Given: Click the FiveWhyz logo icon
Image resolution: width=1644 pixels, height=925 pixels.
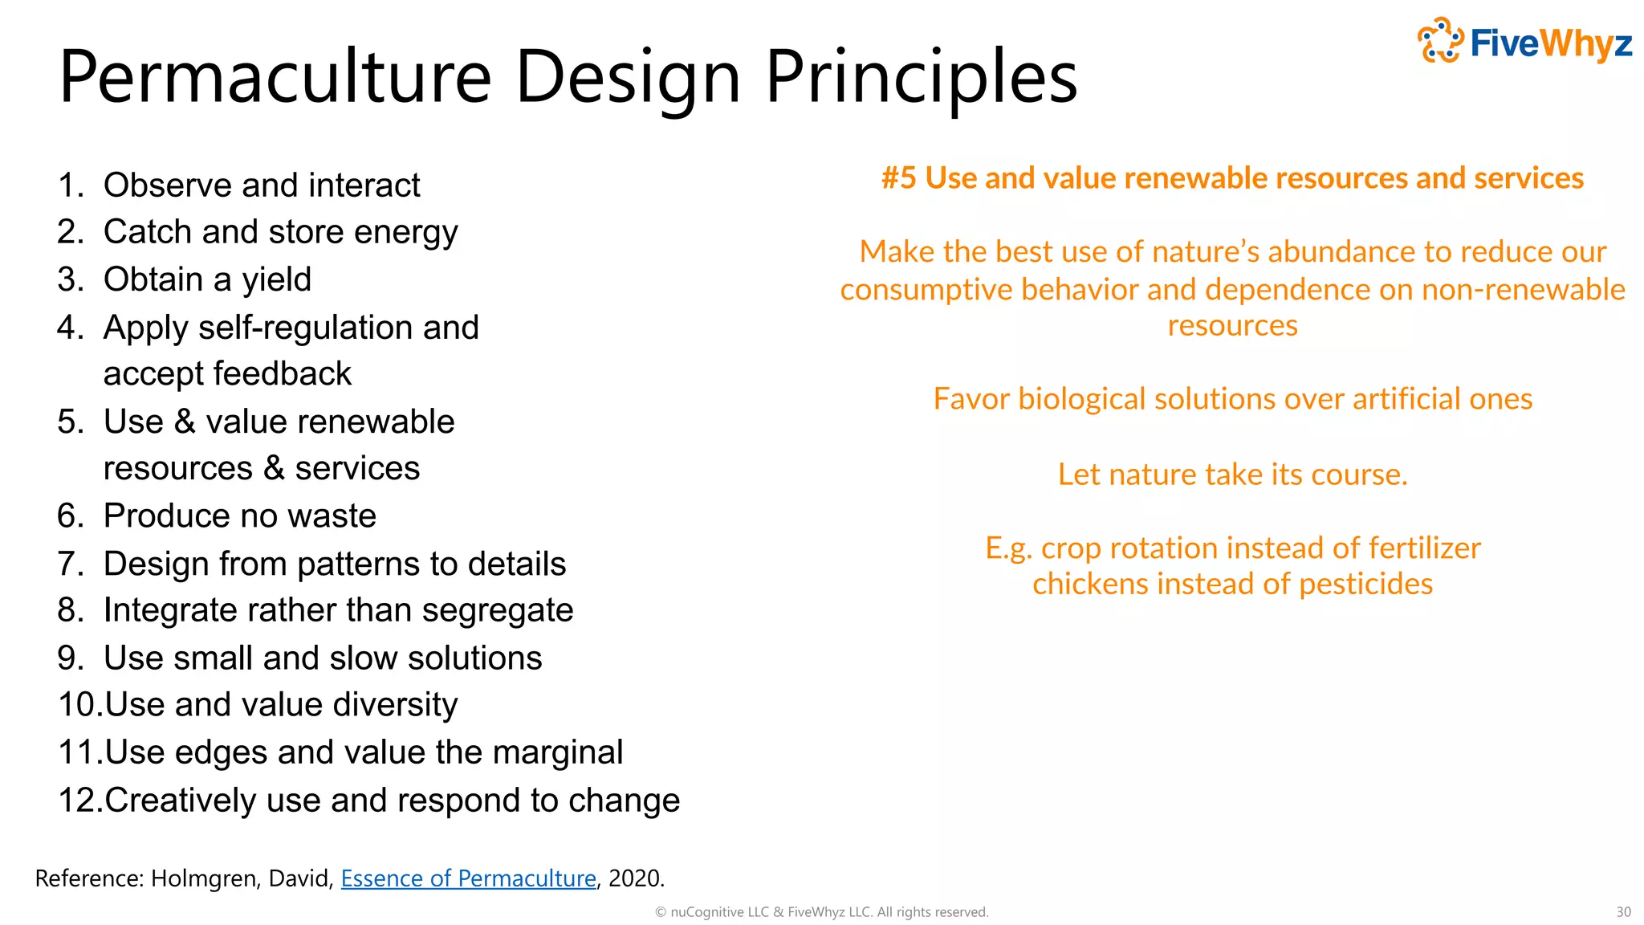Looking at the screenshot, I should click(x=1440, y=40).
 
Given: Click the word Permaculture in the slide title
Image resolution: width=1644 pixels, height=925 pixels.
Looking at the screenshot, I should click(x=275, y=78).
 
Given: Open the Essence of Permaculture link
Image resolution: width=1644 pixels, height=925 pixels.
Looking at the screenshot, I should click(x=468, y=878).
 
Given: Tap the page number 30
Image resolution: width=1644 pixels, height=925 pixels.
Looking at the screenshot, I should click(x=1623, y=912).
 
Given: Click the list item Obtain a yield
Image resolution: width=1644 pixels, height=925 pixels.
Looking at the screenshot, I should click(x=207, y=279).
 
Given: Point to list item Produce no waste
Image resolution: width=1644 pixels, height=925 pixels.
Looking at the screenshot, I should click(x=239, y=515).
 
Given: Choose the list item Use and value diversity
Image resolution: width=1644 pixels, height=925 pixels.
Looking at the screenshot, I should click(x=281, y=705).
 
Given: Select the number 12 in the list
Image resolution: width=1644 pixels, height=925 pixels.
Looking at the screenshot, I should click(x=79, y=801).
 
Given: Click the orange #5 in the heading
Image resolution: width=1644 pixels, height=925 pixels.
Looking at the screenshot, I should click(x=898, y=178).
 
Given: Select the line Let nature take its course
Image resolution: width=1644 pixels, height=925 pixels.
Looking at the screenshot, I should click(x=1232, y=475).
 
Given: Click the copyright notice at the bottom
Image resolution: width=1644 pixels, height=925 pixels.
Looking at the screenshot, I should click(x=821, y=912).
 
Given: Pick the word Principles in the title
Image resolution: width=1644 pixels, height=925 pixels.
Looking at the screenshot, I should click(x=921, y=78).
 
